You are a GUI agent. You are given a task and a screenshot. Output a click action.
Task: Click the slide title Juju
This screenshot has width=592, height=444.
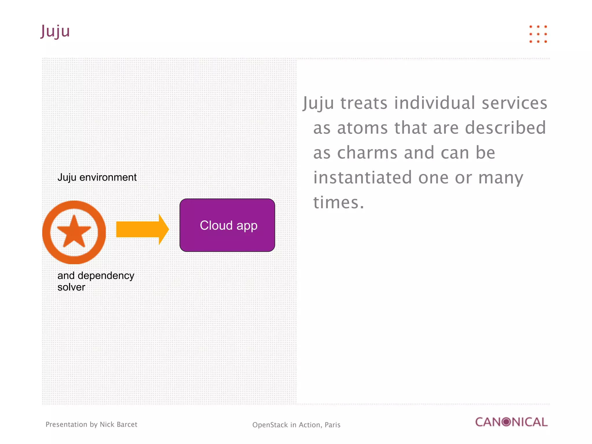click(x=55, y=31)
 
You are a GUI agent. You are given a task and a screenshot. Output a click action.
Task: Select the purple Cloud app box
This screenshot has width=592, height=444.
click(x=227, y=225)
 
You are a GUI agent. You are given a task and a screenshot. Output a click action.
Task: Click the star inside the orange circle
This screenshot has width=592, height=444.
click(x=74, y=232)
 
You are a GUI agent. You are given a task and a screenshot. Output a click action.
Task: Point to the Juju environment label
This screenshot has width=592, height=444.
click(x=97, y=177)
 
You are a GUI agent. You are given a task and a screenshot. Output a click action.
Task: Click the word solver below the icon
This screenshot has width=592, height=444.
click(x=71, y=287)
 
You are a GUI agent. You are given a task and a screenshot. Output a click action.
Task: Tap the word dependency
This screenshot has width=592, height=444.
click(x=106, y=275)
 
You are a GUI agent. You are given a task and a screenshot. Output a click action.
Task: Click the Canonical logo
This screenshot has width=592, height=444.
click(x=511, y=422)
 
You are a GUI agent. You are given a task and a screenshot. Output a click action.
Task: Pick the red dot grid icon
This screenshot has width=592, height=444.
click(x=538, y=34)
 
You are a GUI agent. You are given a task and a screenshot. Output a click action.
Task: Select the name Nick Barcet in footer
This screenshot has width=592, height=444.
click(x=118, y=424)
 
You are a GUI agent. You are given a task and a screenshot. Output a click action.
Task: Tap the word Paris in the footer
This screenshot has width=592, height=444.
click(x=332, y=425)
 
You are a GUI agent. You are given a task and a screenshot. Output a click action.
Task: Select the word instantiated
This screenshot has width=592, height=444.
click(x=362, y=177)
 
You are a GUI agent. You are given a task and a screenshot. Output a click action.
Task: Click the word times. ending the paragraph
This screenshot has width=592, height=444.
click(x=338, y=202)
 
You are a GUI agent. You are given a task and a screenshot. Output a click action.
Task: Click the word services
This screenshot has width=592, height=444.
click(x=514, y=103)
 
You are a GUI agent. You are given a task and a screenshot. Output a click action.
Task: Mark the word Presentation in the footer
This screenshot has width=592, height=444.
click(x=66, y=424)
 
